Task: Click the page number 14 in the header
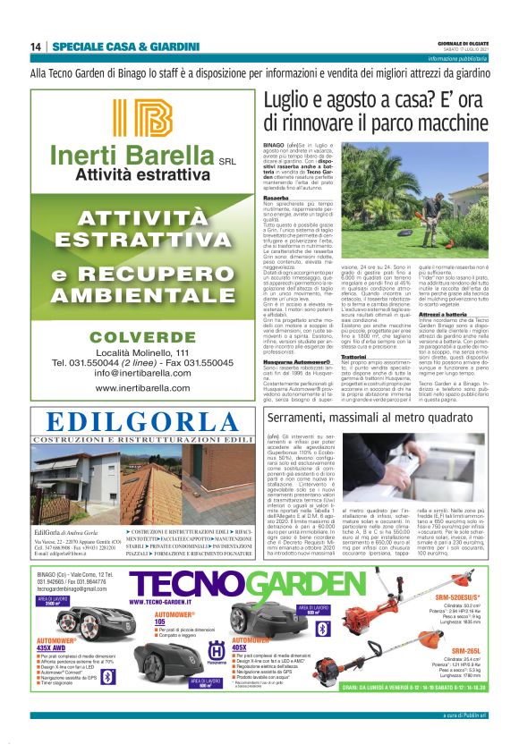point(36,47)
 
